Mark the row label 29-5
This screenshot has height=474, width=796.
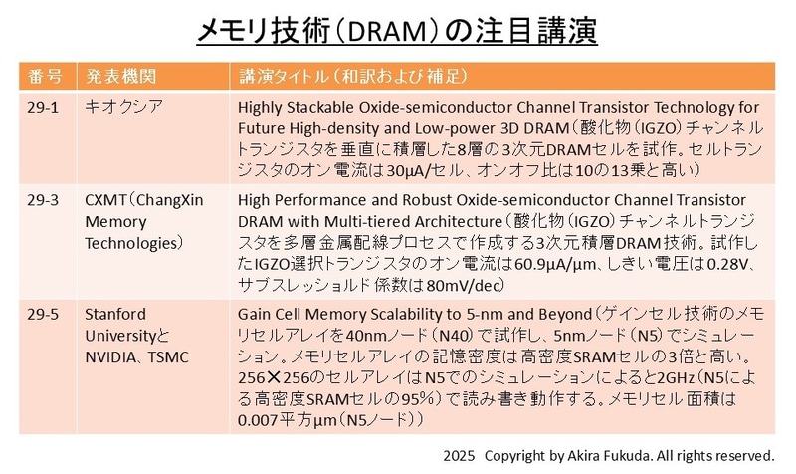[x=45, y=316]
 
